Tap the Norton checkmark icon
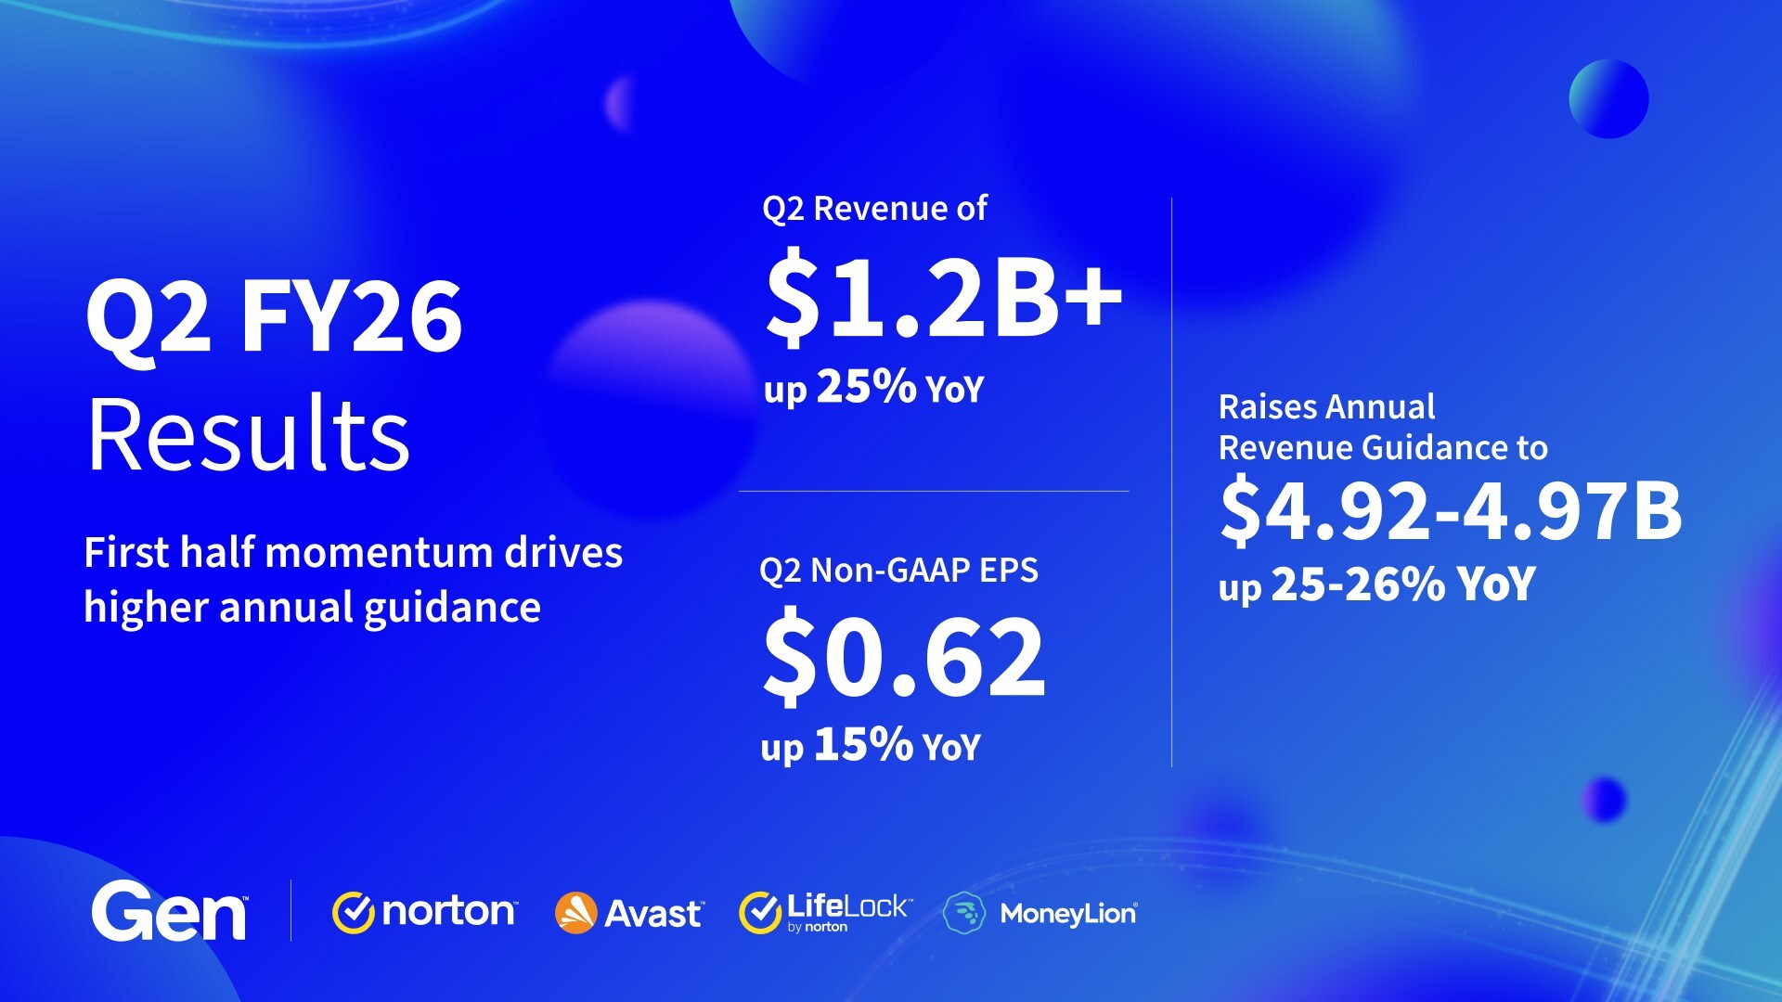click(353, 913)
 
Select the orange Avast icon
click(575, 913)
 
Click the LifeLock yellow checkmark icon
click(760, 913)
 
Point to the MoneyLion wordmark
click(1068, 915)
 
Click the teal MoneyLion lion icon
click(964, 913)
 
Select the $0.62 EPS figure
click(903, 656)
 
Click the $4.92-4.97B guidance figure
click(1451, 509)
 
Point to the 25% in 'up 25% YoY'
click(867, 386)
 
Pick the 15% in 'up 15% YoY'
click(863, 744)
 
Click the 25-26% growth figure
click(1358, 584)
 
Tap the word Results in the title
click(248, 434)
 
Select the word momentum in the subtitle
click(385, 552)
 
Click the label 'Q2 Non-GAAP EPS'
click(898, 571)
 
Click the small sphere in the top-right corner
click(1608, 99)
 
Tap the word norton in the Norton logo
click(448, 913)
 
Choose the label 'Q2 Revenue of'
click(874, 209)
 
